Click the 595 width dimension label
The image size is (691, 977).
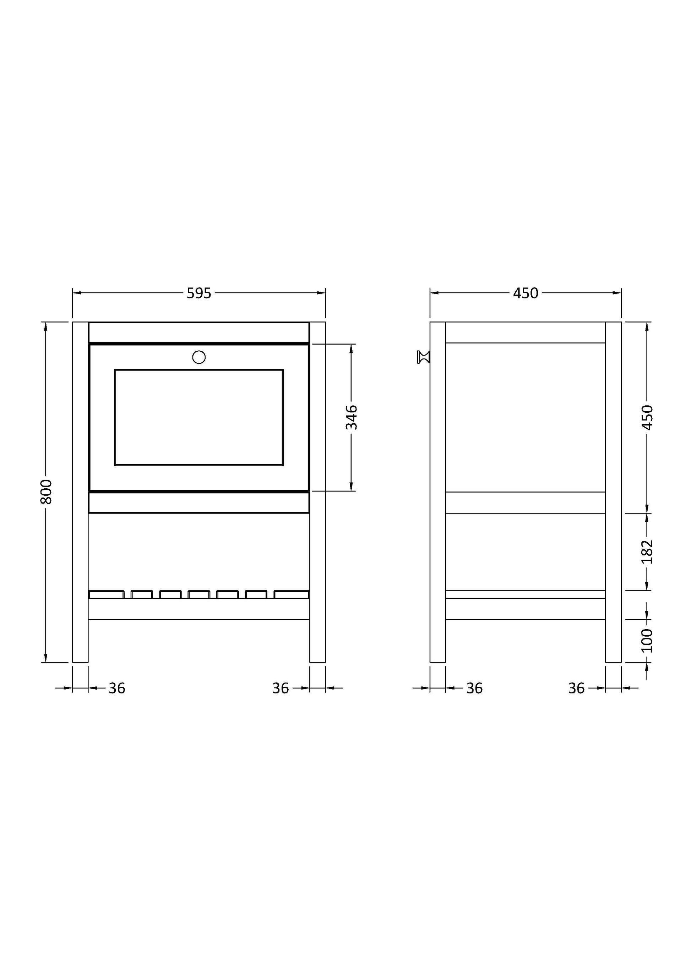pyautogui.click(x=199, y=293)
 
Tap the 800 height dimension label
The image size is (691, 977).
pyautogui.click(x=46, y=492)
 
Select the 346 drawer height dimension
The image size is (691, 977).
pyautogui.click(x=351, y=417)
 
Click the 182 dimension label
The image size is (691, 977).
pyautogui.click(x=647, y=551)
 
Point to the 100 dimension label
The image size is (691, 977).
pyautogui.click(x=647, y=641)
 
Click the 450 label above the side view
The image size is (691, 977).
pyautogui.click(x=526, y=293)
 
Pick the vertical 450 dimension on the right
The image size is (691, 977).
pyautogui.click(x=647, y=417)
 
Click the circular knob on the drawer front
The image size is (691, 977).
pyautogui.click(x=199, y=357)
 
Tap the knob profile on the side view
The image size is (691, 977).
pyautogui.click(x=424, y=357)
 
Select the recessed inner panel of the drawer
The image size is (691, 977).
pyautogui.click(x=199, y=417)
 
